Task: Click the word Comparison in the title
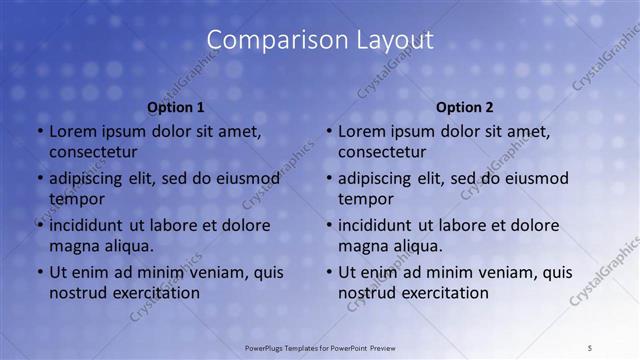click(269, 40)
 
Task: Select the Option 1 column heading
click(176, 107)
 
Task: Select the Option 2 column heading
click(465, 107)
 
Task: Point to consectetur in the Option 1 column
click(94, 152)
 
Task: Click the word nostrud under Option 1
click(76, 293)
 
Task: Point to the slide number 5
click(590, 348)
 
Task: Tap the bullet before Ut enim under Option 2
click(329, 272)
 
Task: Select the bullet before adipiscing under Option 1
click(39, 178)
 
